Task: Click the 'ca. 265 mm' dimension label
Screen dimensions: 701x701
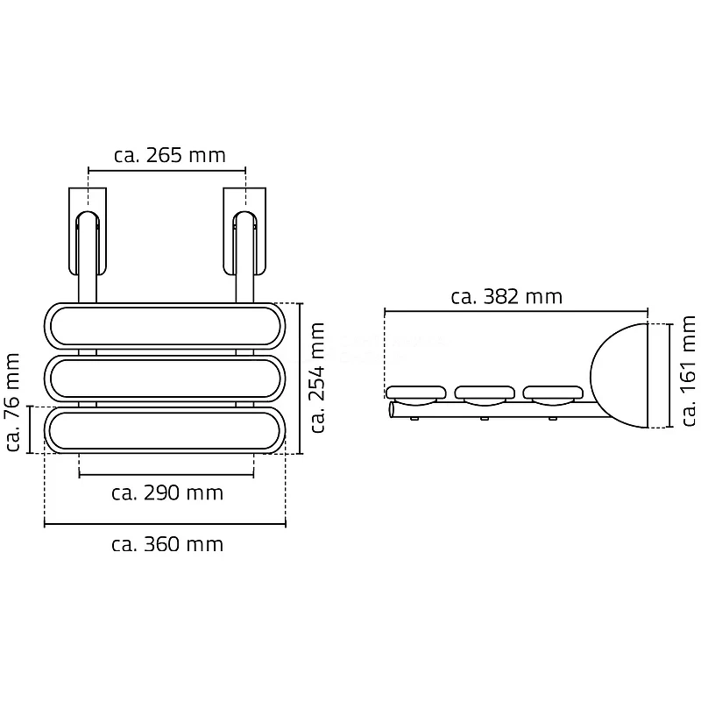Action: (170, 155)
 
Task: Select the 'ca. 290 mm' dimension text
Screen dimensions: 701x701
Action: (167, 492)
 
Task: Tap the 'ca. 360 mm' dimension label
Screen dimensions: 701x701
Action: (167, 544)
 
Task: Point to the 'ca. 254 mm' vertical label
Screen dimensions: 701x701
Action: (318, 378)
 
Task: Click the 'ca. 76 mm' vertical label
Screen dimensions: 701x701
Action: (13, 402)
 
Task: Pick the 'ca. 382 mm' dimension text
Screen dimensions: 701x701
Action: (506, 296)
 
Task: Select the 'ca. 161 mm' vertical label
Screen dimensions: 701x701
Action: (689, 371)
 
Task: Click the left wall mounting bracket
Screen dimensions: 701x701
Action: (88, 231)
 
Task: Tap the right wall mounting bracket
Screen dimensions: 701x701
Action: (244, 231)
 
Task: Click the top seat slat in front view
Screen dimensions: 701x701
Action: (165, 326)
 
